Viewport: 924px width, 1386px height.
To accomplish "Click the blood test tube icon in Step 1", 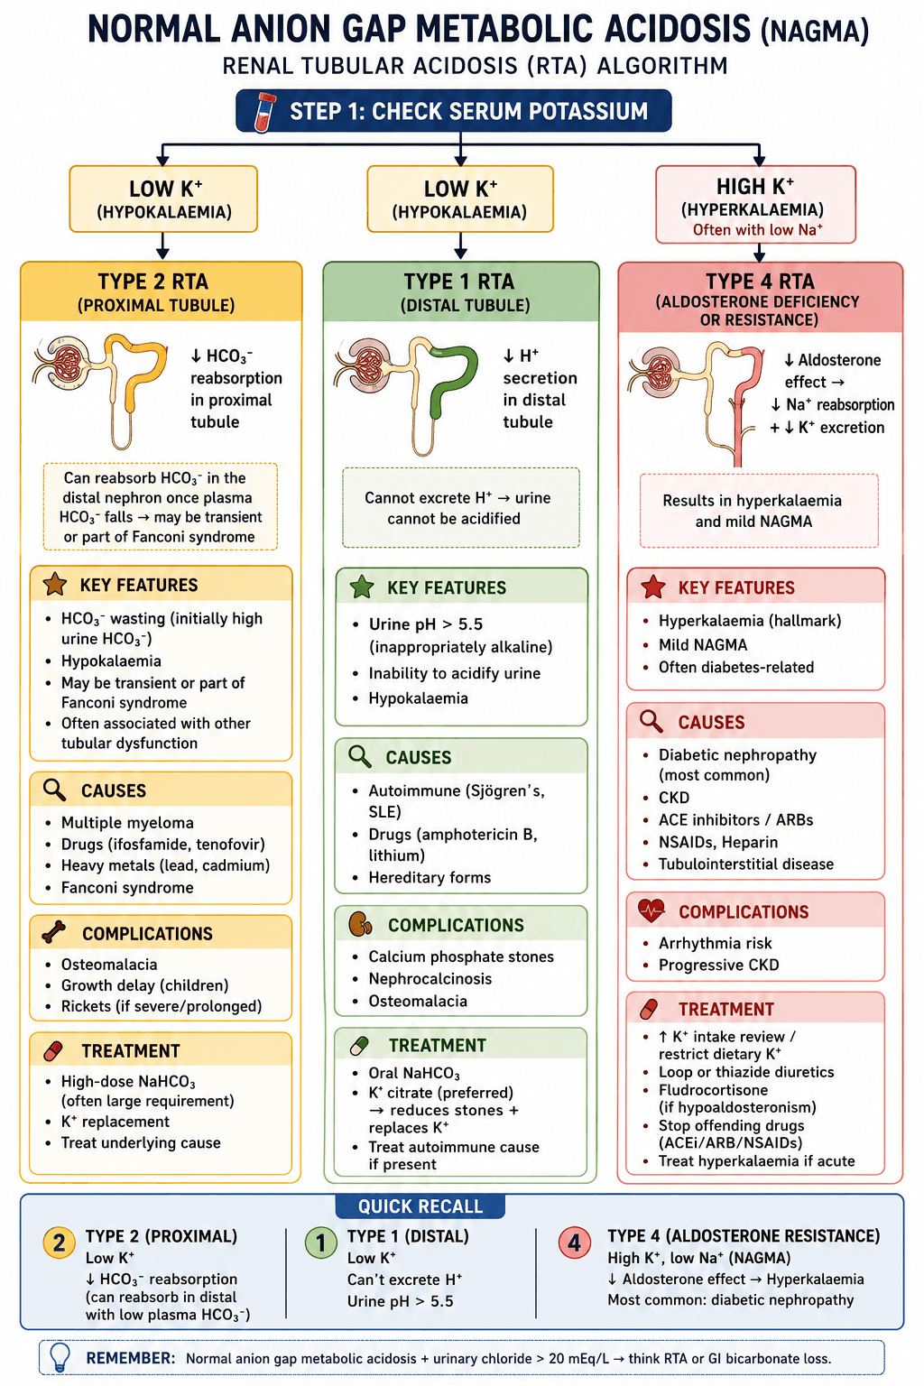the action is pyautogui.click(x=265, y=111).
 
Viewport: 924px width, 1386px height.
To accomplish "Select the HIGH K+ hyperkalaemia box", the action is pyautogui.click(x=755, y=204).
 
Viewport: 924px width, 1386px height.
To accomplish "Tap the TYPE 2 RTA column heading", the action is pyautogui.click(x=153, y=282).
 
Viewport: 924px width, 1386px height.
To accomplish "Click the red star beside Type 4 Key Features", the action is pyautogui.click(x=653, y=587).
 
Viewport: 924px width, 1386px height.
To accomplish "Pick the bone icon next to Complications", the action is pyautogui.click(x=54, y=932).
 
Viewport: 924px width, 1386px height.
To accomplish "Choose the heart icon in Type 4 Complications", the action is pyautogui.click(x=651, y=910).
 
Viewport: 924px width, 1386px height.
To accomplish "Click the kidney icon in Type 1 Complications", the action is pyautogui.click(x=360, y=924).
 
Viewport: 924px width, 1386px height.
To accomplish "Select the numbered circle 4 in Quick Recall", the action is pyautogui.click(x=574, y=1243).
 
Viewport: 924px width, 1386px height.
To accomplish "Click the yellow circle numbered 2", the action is pyautogui.click(x=60, y=1243).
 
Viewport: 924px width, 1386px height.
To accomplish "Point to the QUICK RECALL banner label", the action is pyautogui.click(x=420, y=1206).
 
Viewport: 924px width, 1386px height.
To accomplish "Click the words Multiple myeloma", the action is pyautogui.click(x=127, y=822).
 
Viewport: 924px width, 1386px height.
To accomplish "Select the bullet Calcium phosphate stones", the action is pyautogui.click(x=461, y=956).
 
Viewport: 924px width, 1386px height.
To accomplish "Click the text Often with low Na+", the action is pyautogui.click(x=758, y=229).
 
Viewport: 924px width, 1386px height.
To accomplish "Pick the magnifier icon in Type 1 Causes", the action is pyautogui.click(x=359, y=756).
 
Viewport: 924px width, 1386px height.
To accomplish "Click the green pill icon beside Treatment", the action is pyautogui.click(x=359, y=1045).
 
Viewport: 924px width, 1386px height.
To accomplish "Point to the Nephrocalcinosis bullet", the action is pyautogui.click(x=430, y=979).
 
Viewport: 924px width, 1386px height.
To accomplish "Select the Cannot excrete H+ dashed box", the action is pyautogui.click(x=461, y=507).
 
